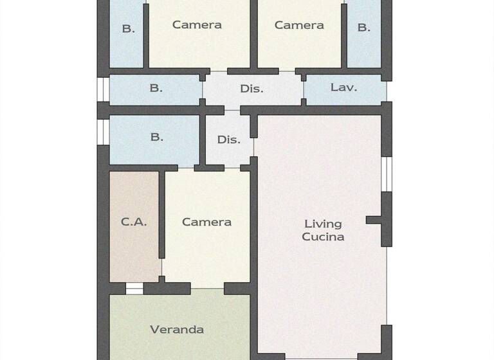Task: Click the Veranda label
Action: [x=177, y=330]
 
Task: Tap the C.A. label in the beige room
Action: [x=134, y=222]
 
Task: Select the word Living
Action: [x=323, y=224]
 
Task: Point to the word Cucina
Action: [x=323, y=237]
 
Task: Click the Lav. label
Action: [x=343, y=87]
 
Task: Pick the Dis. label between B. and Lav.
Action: [x=252, y=89]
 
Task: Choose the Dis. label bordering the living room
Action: [x=228, y=139]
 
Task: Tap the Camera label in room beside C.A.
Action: [x=206, y=222]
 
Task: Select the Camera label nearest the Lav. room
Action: [x=299, y=25]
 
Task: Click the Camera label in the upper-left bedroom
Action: [x=197, y=25]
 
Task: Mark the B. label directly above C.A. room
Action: [x=156, y=137]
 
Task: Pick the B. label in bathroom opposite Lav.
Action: [x=156, y=88]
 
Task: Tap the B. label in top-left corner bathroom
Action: [x=129, y=28]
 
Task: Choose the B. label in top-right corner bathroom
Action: [x=364, y=28]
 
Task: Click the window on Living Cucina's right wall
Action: [x=387, y=174]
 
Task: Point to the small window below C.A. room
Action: [x=134, y=289]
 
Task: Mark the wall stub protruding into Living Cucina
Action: [x=374, y=220]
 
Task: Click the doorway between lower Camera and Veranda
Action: [x=207, y=288]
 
